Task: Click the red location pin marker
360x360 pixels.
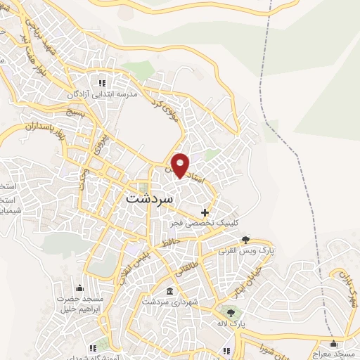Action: coord(181,165)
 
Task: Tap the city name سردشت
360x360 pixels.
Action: coord(149,198)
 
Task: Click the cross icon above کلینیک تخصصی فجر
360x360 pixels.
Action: coord(205,212)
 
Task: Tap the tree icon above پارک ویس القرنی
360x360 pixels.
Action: coord(245,240)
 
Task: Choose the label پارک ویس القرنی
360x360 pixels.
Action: coord(245,251)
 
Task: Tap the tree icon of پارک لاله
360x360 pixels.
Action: coord(229,311)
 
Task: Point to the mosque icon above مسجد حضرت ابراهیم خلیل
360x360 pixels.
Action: coord(79,288)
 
